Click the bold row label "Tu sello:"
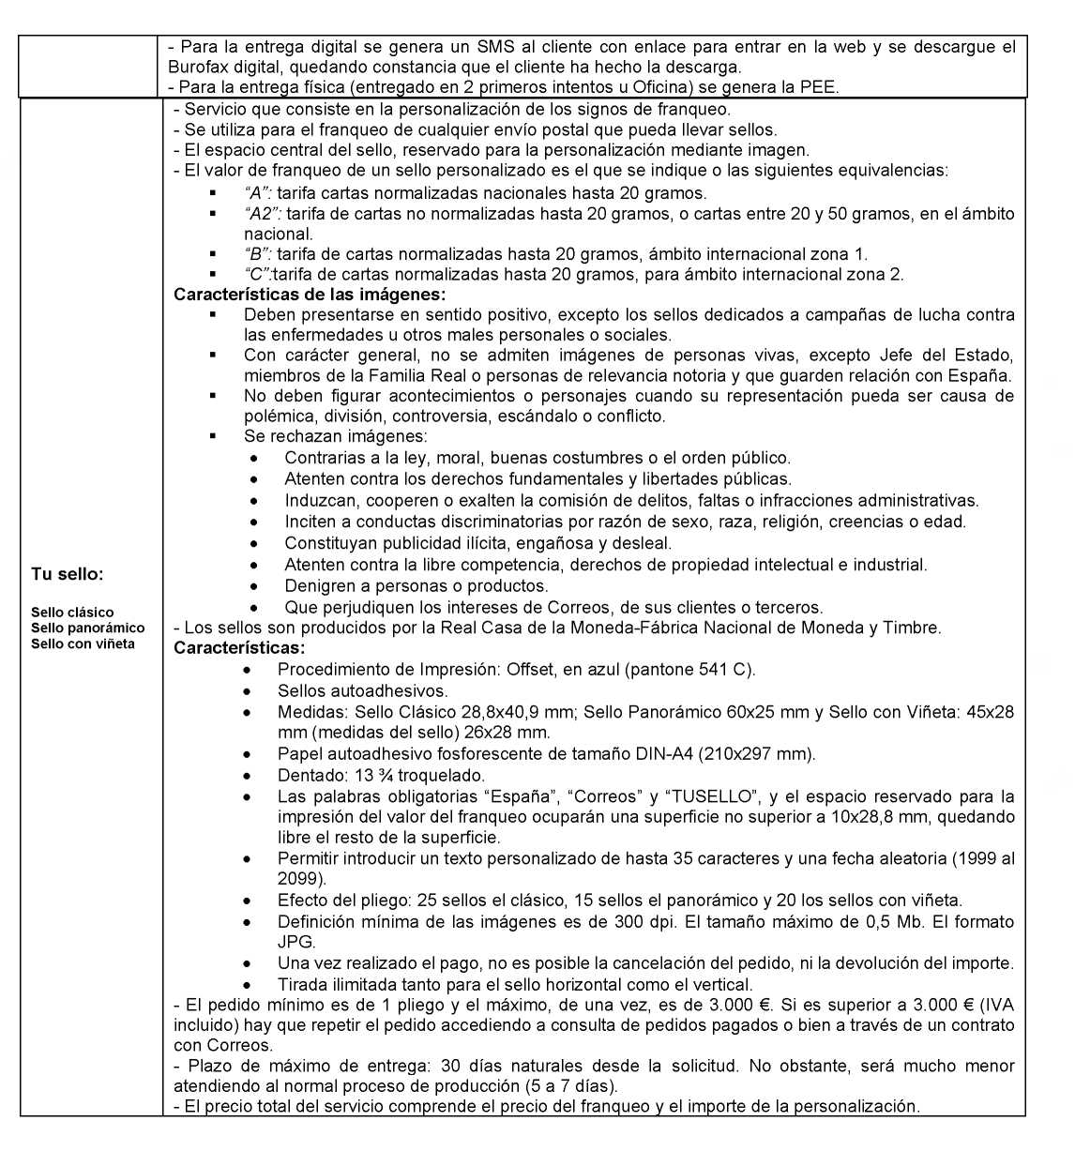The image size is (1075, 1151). [68, 573]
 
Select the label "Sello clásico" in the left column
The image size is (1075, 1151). [72, 613]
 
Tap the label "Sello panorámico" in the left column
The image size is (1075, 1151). [88, 628]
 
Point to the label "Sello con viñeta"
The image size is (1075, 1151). [83, 644]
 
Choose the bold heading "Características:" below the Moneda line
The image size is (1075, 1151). [239, 648]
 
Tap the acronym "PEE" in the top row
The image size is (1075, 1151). [823, 87]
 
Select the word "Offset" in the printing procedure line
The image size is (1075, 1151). [531, 670]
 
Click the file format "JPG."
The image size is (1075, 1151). [296, 942]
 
